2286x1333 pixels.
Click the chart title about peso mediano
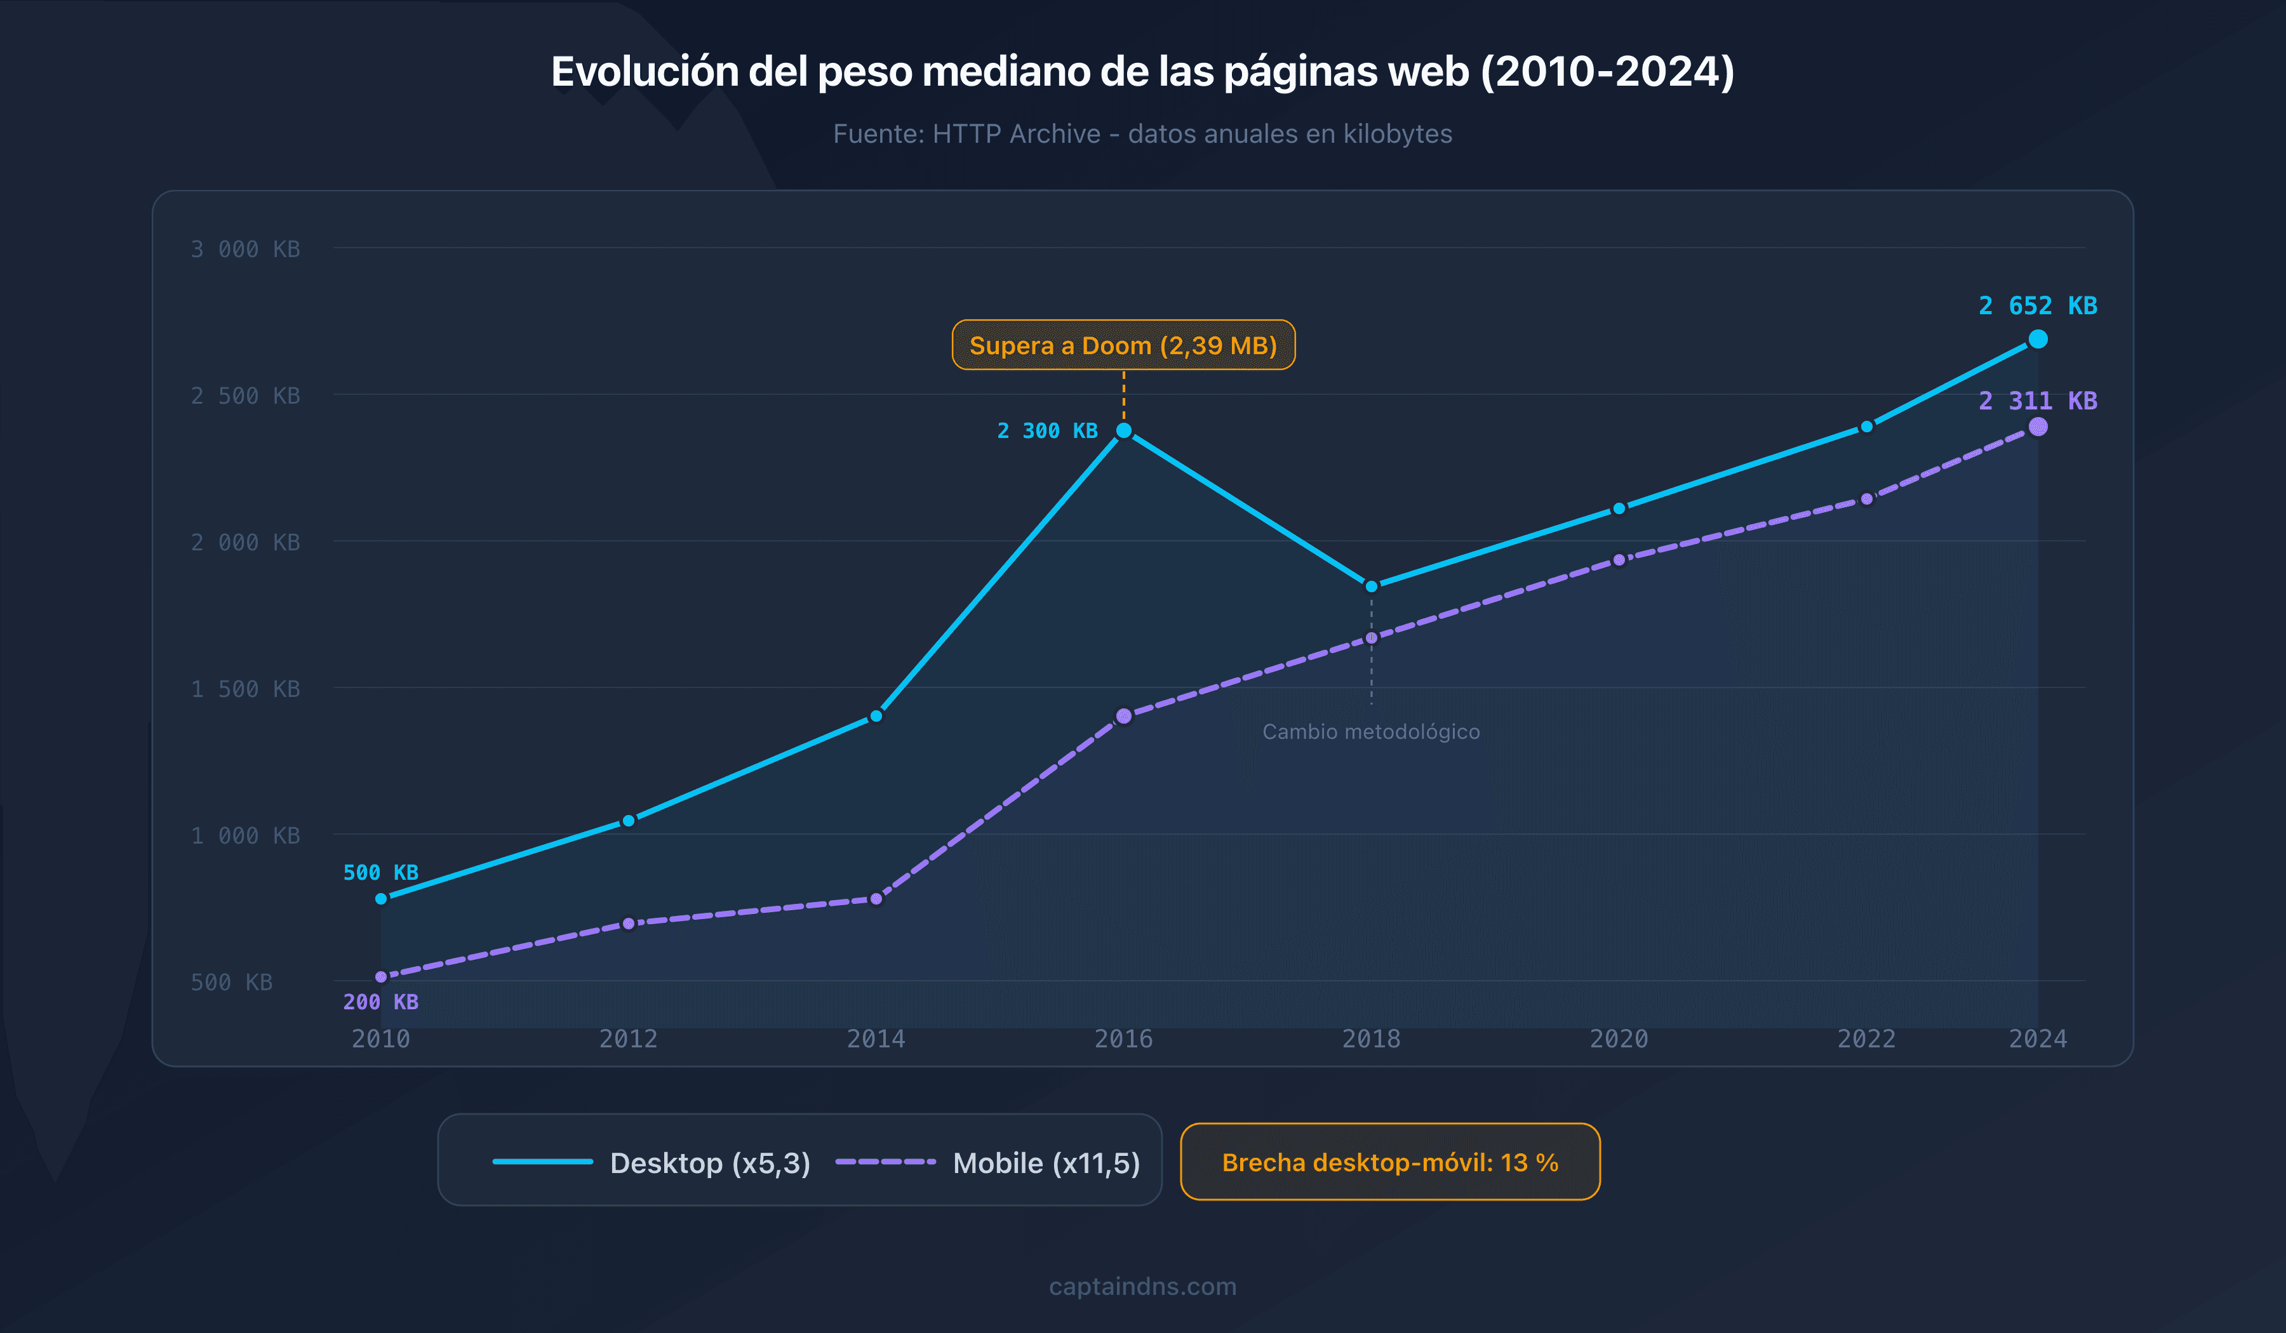point(1142,72)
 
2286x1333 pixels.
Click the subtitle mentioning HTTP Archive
point(1142,133)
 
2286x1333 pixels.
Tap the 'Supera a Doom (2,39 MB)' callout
point(1123,345)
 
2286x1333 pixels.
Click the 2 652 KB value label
point(2038,305)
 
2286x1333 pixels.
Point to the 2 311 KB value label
point(2038,400)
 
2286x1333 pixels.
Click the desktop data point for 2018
point(1371,586)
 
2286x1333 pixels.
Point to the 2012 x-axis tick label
point(628,1038)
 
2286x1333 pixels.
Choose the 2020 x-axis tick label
point(1619,1038)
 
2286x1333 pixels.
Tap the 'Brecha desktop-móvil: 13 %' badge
point(1390,1162)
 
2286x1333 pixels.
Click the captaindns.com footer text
point(1142,1286)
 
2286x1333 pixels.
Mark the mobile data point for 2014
point(876,899)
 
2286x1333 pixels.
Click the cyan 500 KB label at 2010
point(380,872)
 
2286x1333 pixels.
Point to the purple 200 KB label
point(380,1002)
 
